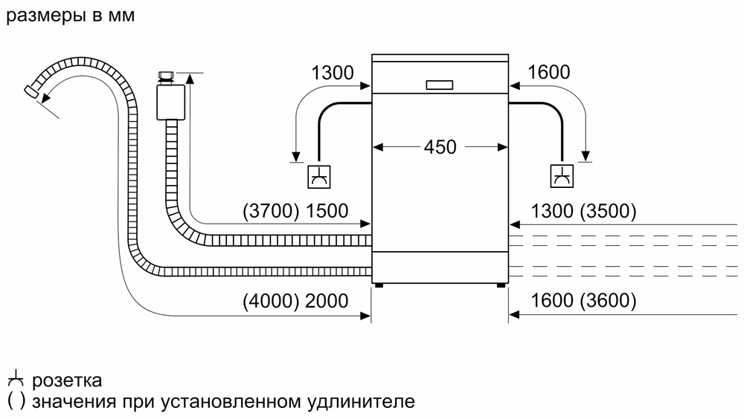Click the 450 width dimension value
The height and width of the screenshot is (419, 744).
pos(440,147)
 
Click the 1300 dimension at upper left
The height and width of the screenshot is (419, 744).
pos(333,73)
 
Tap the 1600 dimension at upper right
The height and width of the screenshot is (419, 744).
pos(549,72)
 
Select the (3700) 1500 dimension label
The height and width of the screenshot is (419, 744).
pos(295,211)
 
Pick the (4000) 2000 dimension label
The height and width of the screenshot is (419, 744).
pos(295,301)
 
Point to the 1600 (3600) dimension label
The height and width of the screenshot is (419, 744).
pos(584,301)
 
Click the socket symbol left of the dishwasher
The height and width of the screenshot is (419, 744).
pos(320,177)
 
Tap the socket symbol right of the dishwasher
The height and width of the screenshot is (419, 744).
pos(562,177)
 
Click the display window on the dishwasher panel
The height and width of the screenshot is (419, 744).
pos(440,85)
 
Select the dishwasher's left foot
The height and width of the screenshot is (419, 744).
pos(380,284)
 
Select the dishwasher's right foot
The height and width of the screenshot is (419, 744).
pos(500,284)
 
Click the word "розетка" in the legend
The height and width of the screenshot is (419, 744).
pos(67,381)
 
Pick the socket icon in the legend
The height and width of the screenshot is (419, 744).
pos(16,380)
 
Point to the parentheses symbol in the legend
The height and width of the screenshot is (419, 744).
pos(16,402)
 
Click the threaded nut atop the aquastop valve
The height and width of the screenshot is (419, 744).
pos(167,76)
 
